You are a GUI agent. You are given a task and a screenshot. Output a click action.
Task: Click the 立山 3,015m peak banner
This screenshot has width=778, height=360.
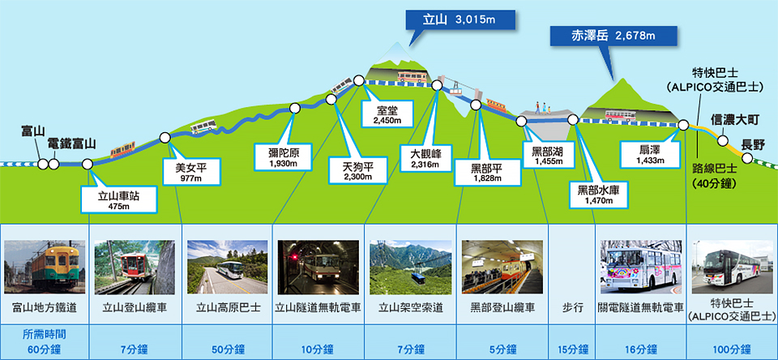pos(460,20)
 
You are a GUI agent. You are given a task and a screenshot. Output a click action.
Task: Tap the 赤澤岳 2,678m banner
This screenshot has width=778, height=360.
pos(613,36)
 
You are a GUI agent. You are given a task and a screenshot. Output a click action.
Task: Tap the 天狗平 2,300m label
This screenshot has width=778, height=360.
pos(357,169)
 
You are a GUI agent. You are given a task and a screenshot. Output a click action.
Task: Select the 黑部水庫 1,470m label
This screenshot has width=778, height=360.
pos(599,194)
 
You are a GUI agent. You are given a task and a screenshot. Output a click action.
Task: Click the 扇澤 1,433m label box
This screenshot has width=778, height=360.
pos(650,153)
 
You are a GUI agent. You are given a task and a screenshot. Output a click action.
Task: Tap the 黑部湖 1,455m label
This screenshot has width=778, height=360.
pos(549,154)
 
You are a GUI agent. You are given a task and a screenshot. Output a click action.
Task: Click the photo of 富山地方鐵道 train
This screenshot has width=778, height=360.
pos(45,267)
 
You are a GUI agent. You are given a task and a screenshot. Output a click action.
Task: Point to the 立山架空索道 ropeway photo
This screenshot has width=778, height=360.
pos(410,267)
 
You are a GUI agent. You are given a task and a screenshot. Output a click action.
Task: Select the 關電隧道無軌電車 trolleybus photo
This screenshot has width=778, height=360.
pos(640,267)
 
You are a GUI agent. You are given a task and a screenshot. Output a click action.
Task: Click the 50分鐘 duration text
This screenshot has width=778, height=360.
pos(227,349)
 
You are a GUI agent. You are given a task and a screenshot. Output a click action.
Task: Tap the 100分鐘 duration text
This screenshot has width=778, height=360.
pos(731,349)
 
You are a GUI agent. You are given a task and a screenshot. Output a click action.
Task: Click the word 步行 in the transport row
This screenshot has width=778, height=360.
pos(571,308)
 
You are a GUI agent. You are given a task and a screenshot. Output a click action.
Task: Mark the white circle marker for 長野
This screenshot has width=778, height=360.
pos(747,158)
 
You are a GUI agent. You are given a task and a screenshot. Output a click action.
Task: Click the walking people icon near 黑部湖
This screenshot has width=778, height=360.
pos(544,109)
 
